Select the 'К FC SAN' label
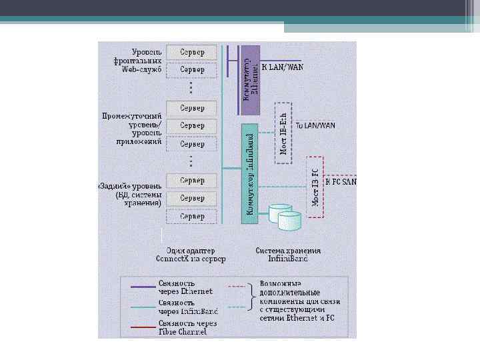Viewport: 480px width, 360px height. [340, 181]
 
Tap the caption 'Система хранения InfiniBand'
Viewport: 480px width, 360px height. [288, 255]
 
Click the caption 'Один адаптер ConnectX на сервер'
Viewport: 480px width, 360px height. [191, 255]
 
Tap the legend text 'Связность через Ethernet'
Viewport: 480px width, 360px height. [185, 287]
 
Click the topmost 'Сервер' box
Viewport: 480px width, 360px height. [191, 52]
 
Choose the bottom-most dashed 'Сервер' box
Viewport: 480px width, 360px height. [191, 217]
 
